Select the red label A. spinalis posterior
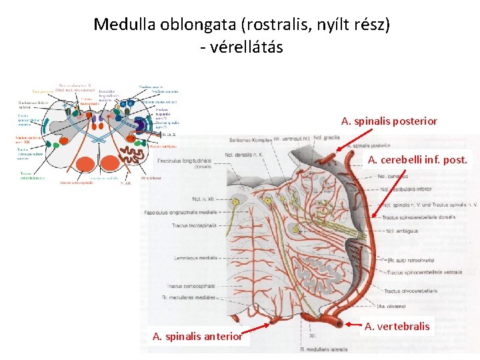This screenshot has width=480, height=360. tap(389, 121)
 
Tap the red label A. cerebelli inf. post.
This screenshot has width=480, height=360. tap(419, 160)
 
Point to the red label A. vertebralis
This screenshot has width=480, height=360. tap(397, 326)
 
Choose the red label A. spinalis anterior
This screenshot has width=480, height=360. tap(197, 336)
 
